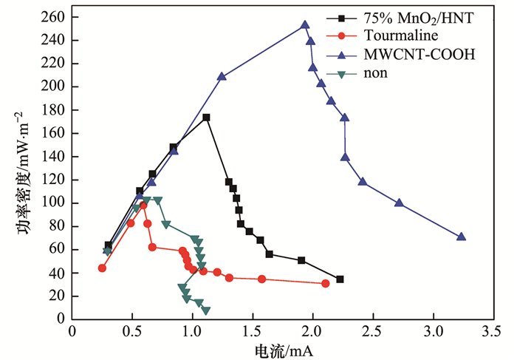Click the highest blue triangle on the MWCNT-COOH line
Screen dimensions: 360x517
click(x=305, y=25)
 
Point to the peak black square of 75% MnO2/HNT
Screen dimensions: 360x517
click(x=206, y=118)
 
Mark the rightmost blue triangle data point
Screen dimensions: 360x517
click(x=462, y=237)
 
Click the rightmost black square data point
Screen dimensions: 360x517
click(x=340, y=279)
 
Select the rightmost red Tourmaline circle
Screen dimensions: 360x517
click(x=326, y=283)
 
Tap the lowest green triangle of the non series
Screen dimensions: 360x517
click(x=205, y=310)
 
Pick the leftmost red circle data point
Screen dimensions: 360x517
click(x=102, y=268)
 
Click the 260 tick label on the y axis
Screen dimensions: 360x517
click(x=53, y=17)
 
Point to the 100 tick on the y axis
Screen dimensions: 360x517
click(x=53, y=203)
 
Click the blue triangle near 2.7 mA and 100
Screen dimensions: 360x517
click(x=399, y=203)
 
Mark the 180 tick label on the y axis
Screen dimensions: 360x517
click(x=53, y=110)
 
